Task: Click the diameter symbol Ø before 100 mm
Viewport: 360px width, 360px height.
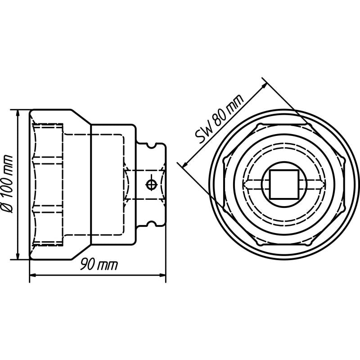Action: [9, 208]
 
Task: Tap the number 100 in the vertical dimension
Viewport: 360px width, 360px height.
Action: [9, 189]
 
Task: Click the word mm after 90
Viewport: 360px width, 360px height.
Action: [108, 265]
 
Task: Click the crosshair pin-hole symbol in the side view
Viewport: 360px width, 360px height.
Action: [151, 184]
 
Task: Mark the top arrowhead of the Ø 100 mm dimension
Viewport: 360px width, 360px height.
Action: [18, 112]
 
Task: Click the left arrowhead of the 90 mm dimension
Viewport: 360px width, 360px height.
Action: [33, 275]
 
